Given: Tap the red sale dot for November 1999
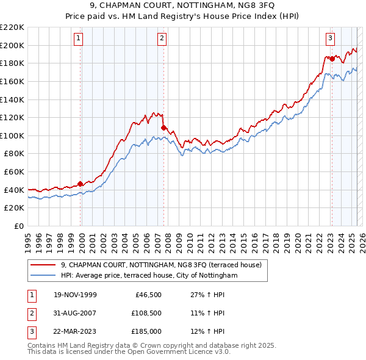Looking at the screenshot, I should coord(81,184).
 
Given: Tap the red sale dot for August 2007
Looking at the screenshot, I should coord(163,128).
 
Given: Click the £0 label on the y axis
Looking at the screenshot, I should coord(18,226).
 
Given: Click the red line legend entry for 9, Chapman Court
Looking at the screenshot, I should coord(161,265).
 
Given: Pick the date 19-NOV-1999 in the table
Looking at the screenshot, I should coord(76,295).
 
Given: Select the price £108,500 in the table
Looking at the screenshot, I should coord(145,314).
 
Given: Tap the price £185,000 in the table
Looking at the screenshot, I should coord(145,332).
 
